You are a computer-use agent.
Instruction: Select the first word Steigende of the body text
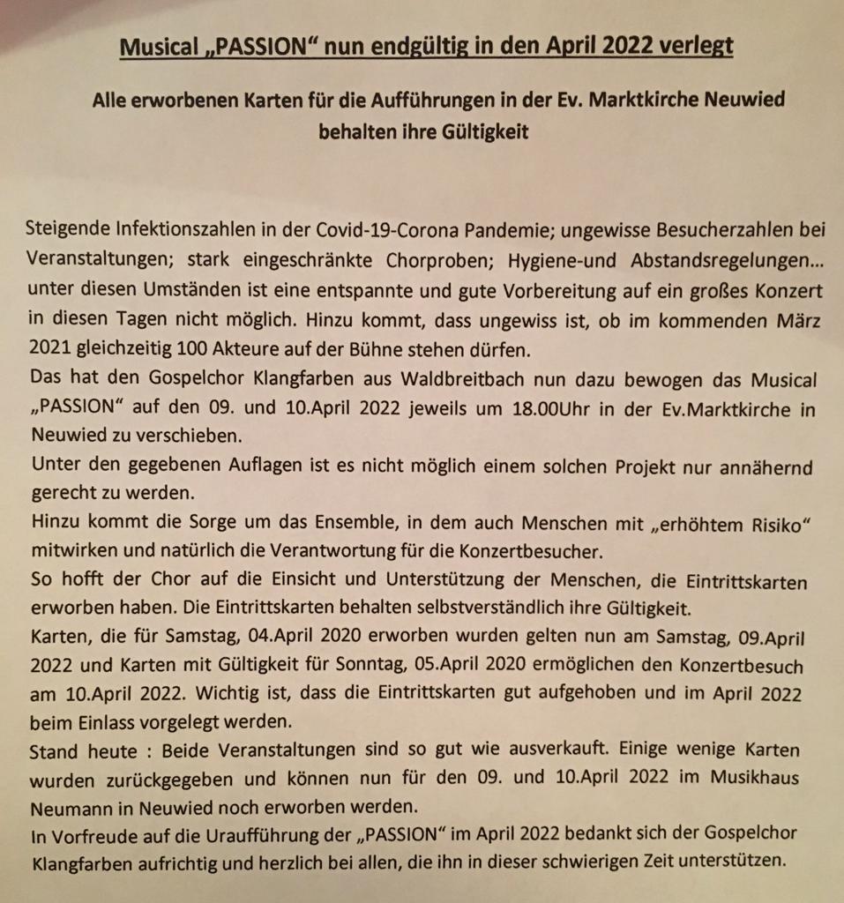coord(68,232)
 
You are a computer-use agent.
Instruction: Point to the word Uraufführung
coord(287,835)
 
